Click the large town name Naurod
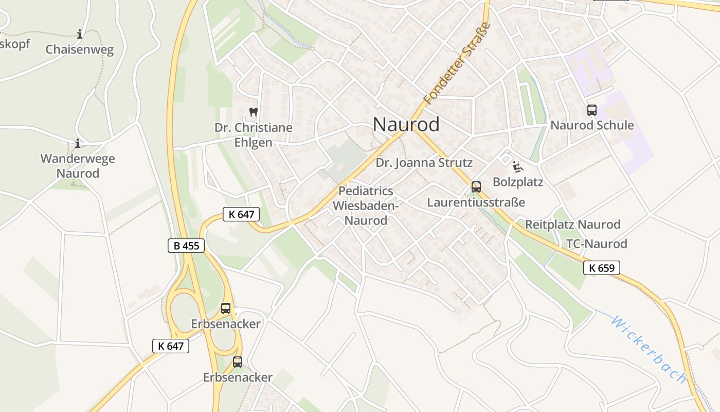[406, 125]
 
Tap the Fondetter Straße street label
[456, 63]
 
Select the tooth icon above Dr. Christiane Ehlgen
[253, 111]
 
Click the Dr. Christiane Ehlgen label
[253, 135]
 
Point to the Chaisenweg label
[79, 50]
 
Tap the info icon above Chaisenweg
[80, 35]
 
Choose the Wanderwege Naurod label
[78, 166]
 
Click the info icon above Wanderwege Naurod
[78, 143]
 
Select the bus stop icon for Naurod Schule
[591, 110]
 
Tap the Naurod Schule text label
[592, 126]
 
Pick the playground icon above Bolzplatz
[517, 166]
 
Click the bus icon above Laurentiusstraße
[476, 187]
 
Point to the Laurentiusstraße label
[476, 202]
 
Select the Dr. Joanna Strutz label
[424, 163]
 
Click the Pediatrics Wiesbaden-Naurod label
[366, 206]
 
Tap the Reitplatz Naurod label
[572, 225]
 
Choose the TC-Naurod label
[597, 244]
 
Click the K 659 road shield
[602, 268]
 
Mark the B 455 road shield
[186, 246]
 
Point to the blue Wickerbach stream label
[648, 349]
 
